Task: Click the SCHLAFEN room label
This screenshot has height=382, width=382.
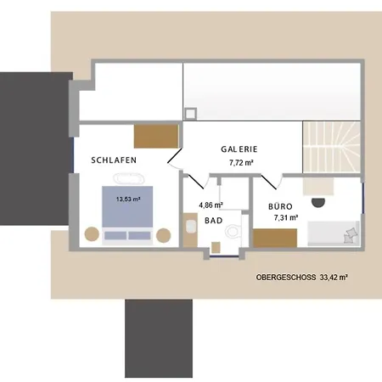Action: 114,160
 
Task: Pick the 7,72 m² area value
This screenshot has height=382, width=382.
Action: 242,160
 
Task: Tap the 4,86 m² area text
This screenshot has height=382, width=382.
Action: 211,205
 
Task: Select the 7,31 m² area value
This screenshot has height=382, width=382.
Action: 286,218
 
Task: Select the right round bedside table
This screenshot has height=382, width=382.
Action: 164,233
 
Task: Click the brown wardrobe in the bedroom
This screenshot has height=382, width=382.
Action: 155,136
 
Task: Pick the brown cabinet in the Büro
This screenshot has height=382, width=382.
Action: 274,236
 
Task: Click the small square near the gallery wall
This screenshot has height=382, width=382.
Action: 191,112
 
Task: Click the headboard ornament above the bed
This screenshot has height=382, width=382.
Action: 127,180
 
